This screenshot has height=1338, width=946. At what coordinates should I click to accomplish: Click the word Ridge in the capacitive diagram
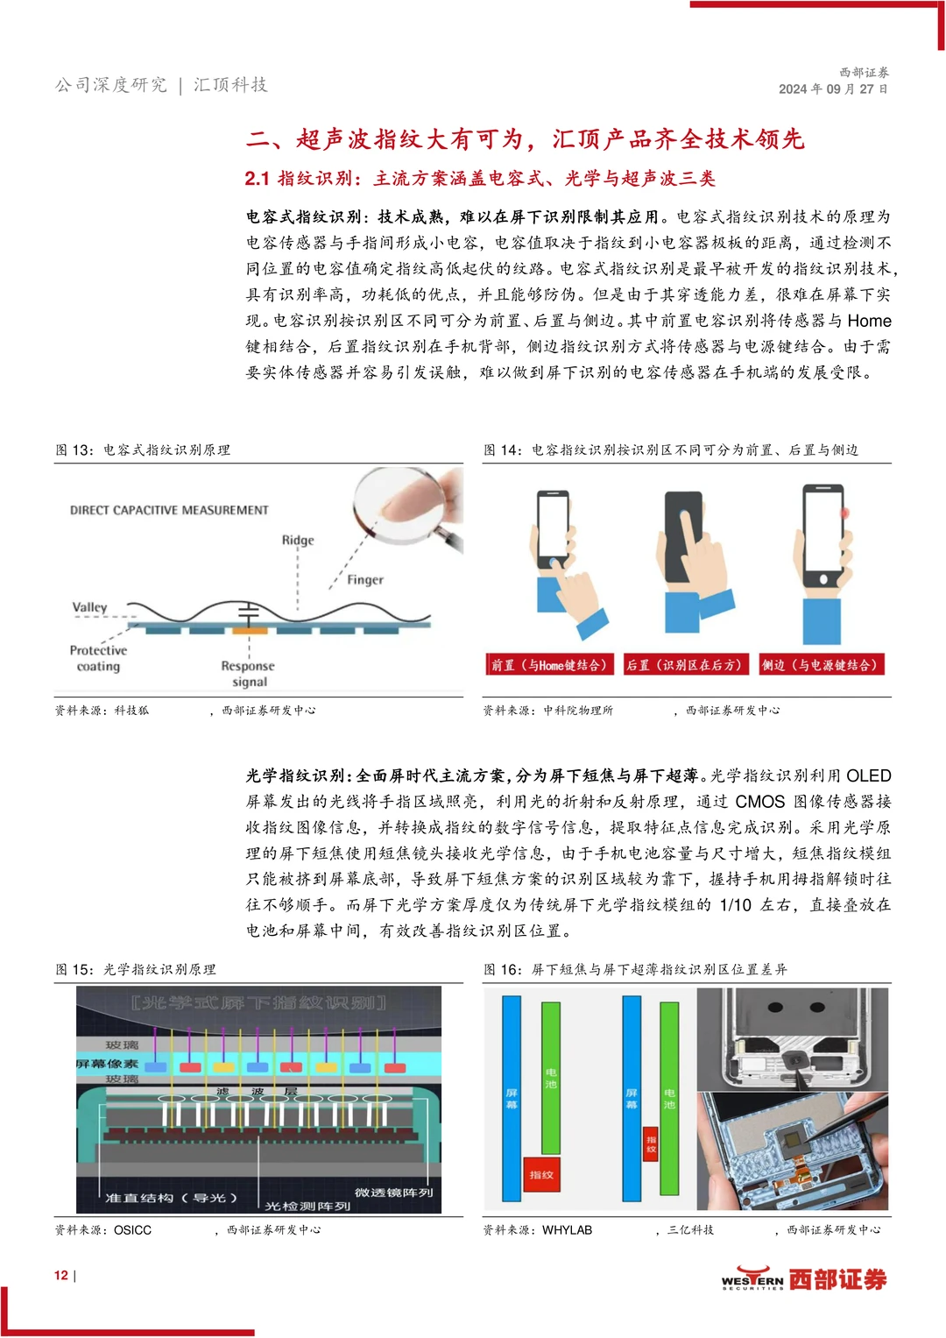click(298, 540)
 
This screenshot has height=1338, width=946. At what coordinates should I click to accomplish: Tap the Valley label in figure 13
click(89, 606)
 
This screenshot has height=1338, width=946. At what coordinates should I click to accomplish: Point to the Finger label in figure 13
click(365, 579)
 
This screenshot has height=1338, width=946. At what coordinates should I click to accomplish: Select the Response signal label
click(249, 674)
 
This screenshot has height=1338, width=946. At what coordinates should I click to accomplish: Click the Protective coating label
click(98, 658)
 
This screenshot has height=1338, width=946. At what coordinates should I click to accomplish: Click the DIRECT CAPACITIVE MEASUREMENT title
click(169, 510)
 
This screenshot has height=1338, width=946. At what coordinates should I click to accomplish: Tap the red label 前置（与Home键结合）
click(550, 665)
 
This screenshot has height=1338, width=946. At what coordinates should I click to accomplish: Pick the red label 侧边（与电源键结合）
click(820, 665)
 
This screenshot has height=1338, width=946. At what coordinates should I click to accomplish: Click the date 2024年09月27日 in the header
click(833, 89)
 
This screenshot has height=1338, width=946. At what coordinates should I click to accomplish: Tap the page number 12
click(61, 1275)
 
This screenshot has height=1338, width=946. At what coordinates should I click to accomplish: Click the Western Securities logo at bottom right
click(803, 1279)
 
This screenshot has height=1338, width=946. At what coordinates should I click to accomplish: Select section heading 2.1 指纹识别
click(480, 179)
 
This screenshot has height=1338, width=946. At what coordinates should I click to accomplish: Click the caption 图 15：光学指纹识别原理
click(136, 969)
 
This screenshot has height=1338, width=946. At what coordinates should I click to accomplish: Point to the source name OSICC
click(132, 1230)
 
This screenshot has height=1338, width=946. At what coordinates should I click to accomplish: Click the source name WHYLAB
click(567, 1230)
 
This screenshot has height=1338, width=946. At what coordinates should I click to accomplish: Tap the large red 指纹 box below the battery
click(541, 1174)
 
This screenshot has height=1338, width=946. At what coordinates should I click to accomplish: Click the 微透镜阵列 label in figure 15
click(393, 1193)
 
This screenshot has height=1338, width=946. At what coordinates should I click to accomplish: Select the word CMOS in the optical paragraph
click(759, 802)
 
